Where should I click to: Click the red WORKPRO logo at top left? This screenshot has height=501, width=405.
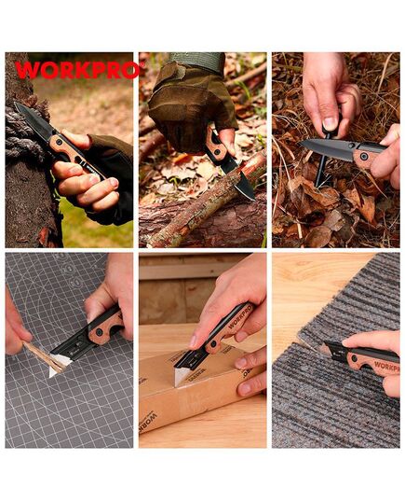[78, 70]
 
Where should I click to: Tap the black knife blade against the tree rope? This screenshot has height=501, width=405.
[34, 120]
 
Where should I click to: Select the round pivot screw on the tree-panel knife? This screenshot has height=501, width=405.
[59, 141]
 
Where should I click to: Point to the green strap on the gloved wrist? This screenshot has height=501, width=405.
[196, 62]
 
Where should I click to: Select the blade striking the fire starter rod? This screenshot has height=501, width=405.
[328, 147]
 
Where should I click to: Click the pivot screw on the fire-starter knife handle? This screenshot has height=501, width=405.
[363, 156]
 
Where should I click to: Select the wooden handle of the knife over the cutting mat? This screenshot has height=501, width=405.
[105, 327]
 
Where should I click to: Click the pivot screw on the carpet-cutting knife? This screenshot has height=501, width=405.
[354, 358]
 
